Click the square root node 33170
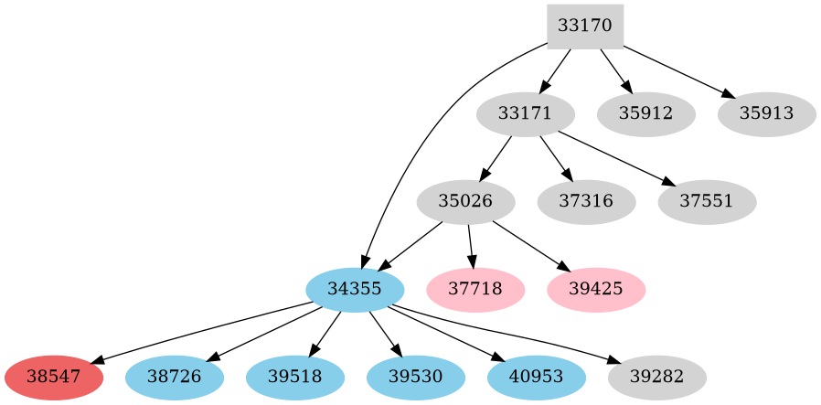pyautogui.click(x=585, y=27)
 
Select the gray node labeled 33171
pyautogui.click(x=526, y=114)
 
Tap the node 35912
pyautogui.click(x=646, y=114)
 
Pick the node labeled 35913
pyautogui.click(x=767, y=114)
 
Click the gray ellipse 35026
pyautogui.click(x=465, y=201)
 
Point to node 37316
pyautogui.click(x=586, y=201)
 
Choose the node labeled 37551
pyautogui.click(x=707, y=201)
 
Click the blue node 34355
pyautogui.click(x=355, y=289)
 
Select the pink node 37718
pyautogui.click(x=475, y=289)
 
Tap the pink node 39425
pyautogui.click(x=596, y=289)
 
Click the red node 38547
pyautogui.click(x=53, y=377)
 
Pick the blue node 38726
pyautogui.click(x=174, y=377)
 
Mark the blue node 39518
pyautogui.click(x=294, y=377)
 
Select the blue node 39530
pyautogui.click(x=415, y=377)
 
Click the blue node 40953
pyautogui.click(x=536, y=377)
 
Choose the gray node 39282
pyautogui.click(x=656, y=377)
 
